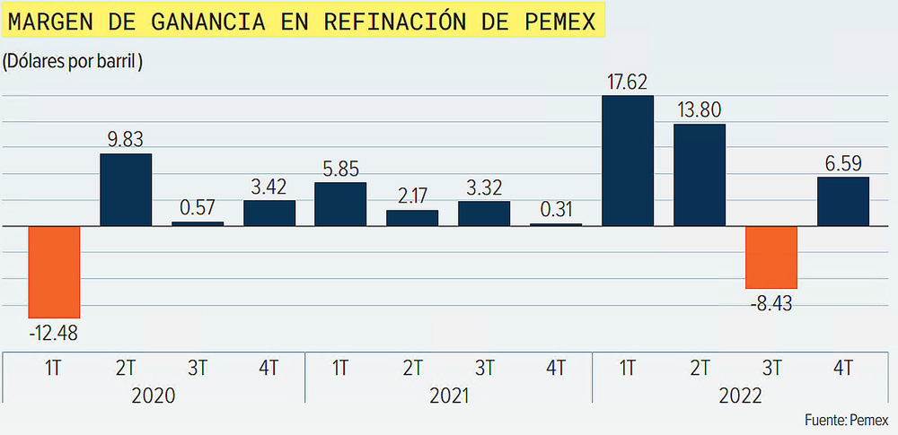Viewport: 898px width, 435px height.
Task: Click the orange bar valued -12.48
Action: click(x=55, y=272)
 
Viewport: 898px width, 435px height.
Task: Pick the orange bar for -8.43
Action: click(x=771, y=257)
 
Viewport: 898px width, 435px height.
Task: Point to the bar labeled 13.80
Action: click(x=700, y=174)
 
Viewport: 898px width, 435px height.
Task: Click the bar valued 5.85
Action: click(x=340, y=204)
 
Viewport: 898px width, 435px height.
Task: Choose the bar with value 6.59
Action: click(x=843, y=201)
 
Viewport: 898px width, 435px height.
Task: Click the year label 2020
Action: click(x=152, y=396)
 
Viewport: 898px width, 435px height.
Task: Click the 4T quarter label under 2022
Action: click(x=843, y=367)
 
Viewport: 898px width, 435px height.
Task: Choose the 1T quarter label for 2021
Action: click(x=340, y=367)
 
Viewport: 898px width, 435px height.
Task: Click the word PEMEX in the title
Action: click(x=560, y=22)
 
